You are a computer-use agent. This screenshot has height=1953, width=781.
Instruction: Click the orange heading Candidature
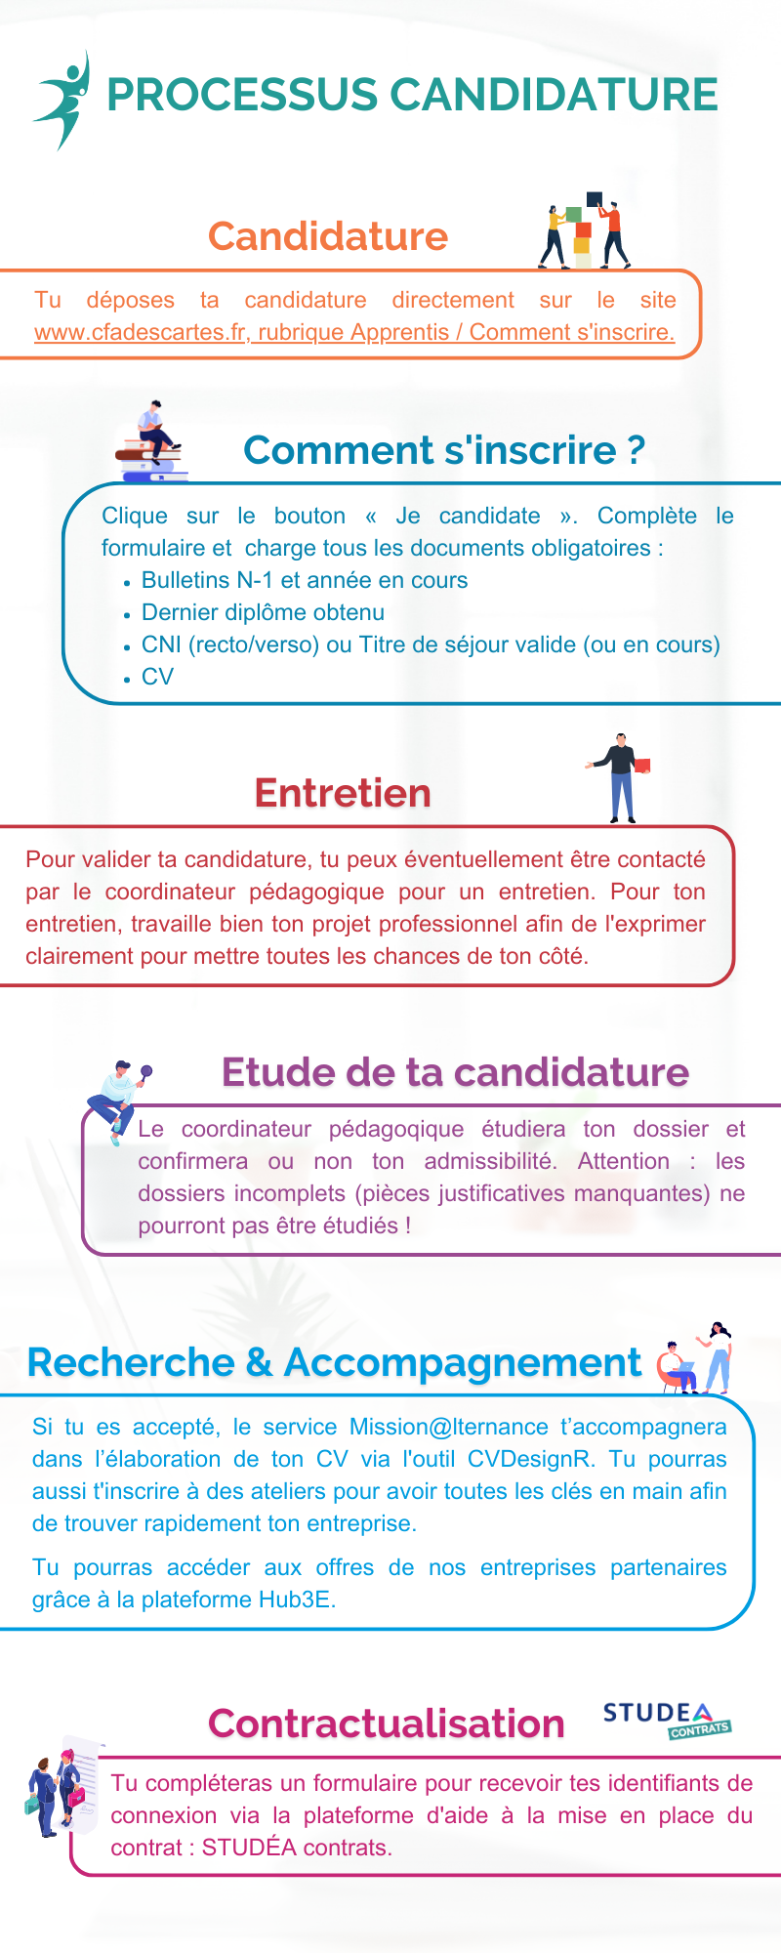[327, 236]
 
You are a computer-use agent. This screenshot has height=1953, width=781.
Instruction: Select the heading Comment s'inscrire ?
[444, 450]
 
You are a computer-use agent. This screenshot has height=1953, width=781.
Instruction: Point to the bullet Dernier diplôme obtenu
[263, 612]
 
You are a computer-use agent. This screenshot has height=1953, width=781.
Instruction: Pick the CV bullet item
[157, 677]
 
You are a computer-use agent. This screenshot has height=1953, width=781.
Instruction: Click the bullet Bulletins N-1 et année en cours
[305, 580]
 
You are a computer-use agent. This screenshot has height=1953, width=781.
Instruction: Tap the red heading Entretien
[343, 793]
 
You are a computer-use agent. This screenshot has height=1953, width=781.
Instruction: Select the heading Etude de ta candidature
[455, 1072]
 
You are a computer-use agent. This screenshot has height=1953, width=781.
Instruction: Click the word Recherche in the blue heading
[131, 1363]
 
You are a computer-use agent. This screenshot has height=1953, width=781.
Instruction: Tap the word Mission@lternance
[449, 1427]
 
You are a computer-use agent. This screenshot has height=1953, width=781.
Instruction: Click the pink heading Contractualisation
[387, 1724]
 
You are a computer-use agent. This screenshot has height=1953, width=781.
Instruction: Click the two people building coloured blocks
[585, 230]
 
